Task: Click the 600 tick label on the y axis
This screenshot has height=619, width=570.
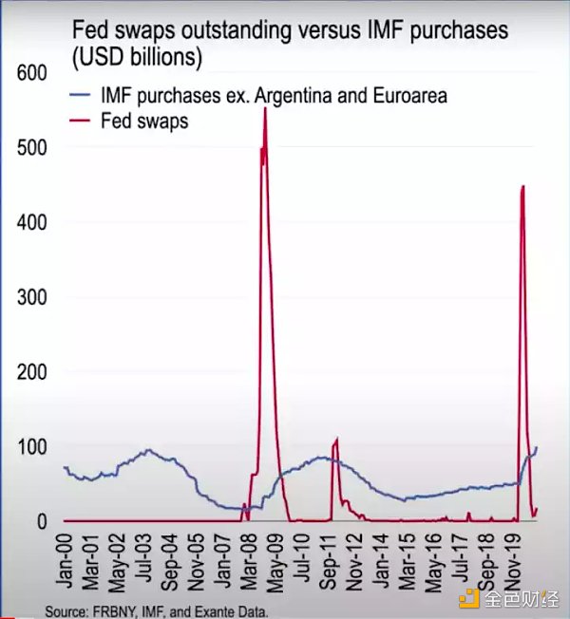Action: pyautogui.click(x=34, y=72)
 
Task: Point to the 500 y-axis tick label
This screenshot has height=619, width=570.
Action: pyautogui.click(x=34, y=147)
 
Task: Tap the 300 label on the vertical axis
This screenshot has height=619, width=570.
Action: pyautogui.click(x=34, y=297)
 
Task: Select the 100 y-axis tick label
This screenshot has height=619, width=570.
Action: pyautogui.click(x=34, y=447)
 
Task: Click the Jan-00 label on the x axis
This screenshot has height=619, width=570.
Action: pyautogui.click(x=66, y=559)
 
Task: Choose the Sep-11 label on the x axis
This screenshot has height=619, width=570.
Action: pyautogui.click(x=332, y=559)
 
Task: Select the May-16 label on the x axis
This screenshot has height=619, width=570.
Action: pyautogui.click(x=433, y=559)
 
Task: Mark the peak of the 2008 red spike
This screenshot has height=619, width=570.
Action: pyautogui.click(x=264, y=110)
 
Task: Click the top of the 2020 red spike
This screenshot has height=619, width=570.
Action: pyautogui.click(x=523, y=186)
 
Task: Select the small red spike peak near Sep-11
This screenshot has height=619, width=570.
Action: pyautogui.click(x=336, y=439)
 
